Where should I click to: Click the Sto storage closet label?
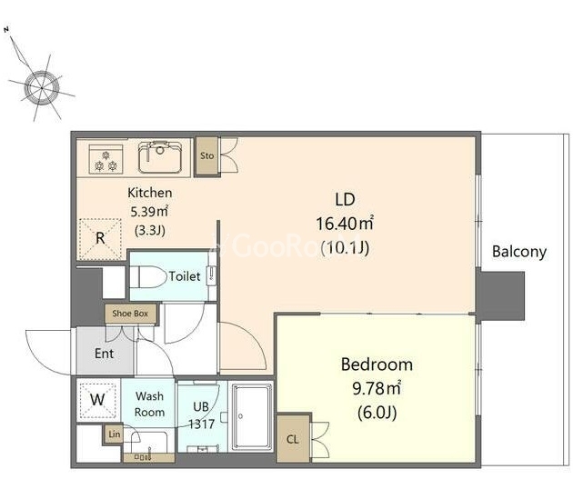(x=206, y=155)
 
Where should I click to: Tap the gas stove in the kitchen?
(x=106, y=159)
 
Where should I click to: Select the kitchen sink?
(x=160, y=157)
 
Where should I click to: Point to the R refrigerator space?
(x=100, y=238)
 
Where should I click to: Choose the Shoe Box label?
(x=130, y=314)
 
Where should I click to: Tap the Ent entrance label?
(x=105, y=354)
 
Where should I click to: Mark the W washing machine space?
(x=97, y=400)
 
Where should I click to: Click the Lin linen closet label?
(x=115, y=434)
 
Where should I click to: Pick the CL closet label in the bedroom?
(x=293, y=439)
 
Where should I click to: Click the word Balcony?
(x=519, y=252)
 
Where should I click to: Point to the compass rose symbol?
(x=41, y=87)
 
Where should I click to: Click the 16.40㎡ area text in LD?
(x=345, y=224)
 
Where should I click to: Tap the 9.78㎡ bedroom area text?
(x=377, y=388)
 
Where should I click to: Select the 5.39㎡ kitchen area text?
(x=149, y=212)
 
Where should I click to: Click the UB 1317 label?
(x=201, y=415)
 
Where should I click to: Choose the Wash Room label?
(x=149, y=404)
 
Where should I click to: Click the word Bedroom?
(x=377, y=364)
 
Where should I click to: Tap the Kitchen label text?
(x=150, y=193)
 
